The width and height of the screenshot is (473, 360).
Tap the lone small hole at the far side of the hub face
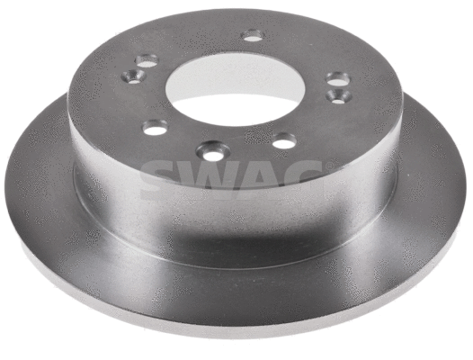coord(253,36)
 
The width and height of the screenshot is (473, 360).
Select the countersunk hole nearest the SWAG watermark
coord(213,151)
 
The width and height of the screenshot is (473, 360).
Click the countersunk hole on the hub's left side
coord(134,76)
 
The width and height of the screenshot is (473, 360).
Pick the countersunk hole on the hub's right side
coord(339,96)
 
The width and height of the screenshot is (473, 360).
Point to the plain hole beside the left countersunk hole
coord(147,60)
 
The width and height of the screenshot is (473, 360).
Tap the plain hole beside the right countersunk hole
coord(338,79)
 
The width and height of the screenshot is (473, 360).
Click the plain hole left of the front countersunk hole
coord(156,127)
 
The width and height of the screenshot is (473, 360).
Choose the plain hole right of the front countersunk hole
coord(284,140)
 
